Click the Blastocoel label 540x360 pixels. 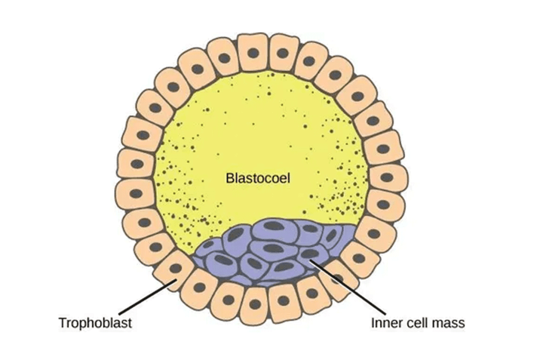[x=258, y=178]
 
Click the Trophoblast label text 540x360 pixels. [x=95, y=323]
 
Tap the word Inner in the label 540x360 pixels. [x=383, y=323]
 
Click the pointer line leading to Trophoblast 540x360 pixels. [x=142, y=300]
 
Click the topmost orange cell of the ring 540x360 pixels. [x=253, y=53]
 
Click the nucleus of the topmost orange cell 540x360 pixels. [x=254, y=53]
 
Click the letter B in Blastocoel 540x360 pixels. [x=229, y=178]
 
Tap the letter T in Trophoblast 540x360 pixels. [x=62, y=323]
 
